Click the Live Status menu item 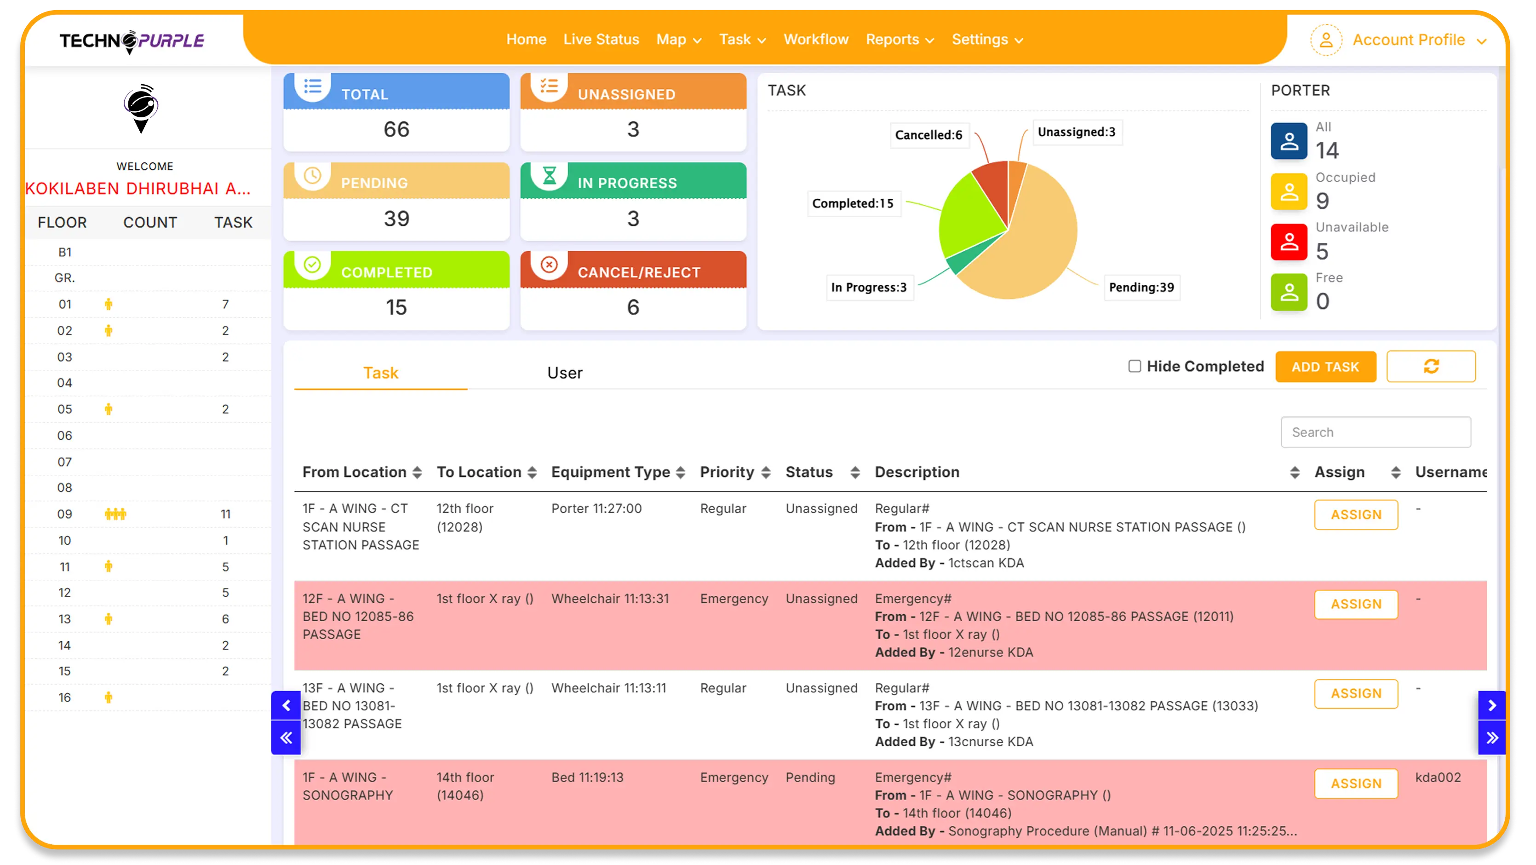(601, 40)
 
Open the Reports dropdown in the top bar (899, 40)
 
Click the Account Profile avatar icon (1325, 40)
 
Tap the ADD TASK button (1325, 366)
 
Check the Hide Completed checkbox (1134, 366)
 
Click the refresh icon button (1431, 366)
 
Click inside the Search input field (1375, 432)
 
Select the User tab (564, 373)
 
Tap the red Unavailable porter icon (1289, 242)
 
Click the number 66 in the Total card (396, 129)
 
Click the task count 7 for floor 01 (225, 304)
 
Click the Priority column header (727, 472)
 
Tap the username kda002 (1438, 777)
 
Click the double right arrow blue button (1491, 738)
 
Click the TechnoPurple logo (132, 40)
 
